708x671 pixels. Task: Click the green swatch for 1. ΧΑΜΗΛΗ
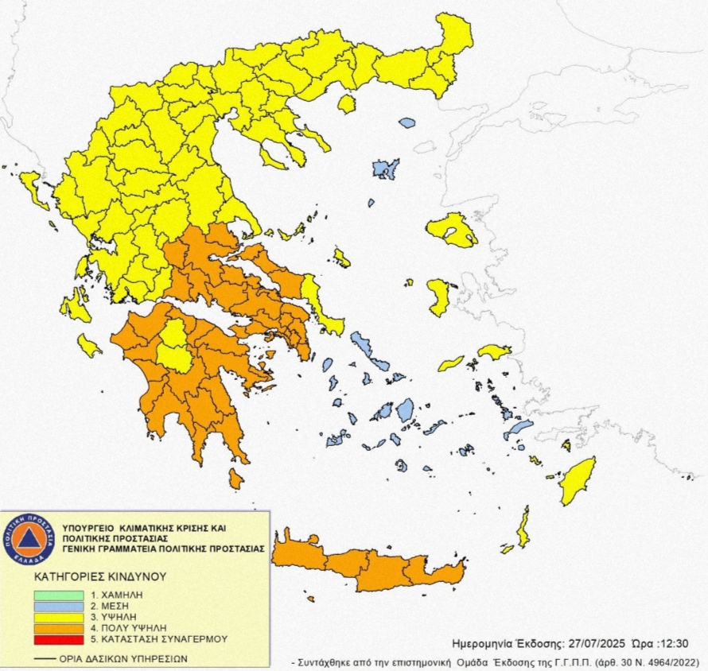[x=58, y=595]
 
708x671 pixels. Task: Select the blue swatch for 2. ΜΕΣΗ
[x=58, y=605]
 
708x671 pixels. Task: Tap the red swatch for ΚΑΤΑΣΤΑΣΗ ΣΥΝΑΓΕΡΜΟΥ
[x=58, y=638]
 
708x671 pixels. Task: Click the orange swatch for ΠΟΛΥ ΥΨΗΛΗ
[x=58, y=626]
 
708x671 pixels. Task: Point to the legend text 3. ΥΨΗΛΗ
[x=111, y=616]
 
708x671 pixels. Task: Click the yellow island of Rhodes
[x=578, y=481]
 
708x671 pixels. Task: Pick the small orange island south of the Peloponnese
[x=235, y=479]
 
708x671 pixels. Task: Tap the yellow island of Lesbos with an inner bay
[x=450, y=230]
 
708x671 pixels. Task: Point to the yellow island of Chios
[x=438, y=295]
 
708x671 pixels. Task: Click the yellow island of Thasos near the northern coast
[x=346, y=104]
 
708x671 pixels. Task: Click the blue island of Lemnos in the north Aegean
[x=386, y=169]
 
